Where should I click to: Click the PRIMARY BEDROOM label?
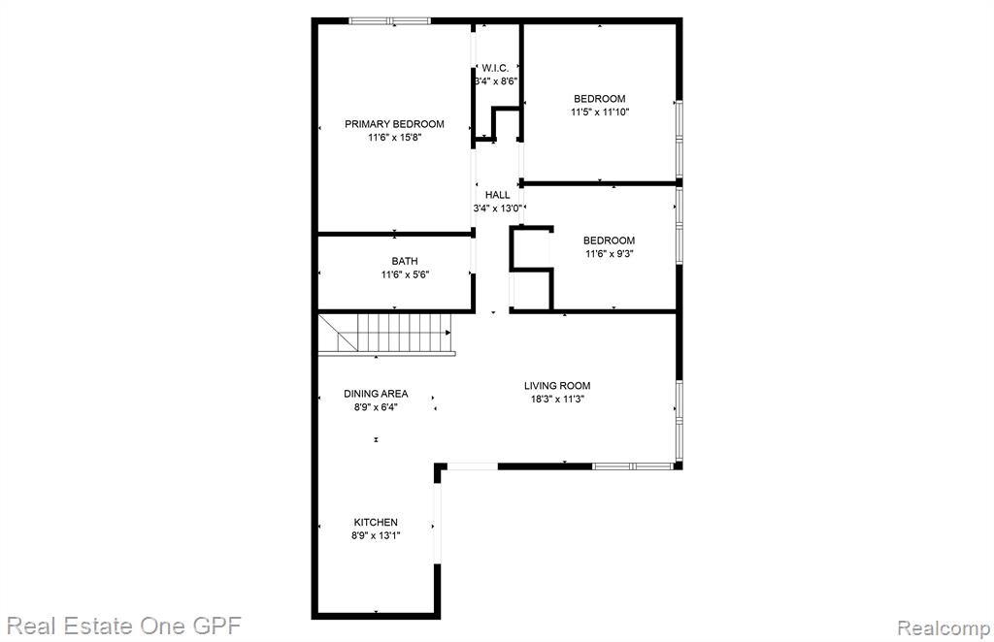(394, 124)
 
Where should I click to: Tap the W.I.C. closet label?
(494, 68)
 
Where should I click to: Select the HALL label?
(497, 195)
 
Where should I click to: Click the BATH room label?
(405, 261)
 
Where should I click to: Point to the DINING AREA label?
(376, 394)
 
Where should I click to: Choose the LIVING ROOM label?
(557, 386)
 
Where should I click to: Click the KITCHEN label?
(376, 523)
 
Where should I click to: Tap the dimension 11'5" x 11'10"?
(600, 112)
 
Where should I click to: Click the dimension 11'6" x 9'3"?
(610, 254)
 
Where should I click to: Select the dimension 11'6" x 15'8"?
(394, 138)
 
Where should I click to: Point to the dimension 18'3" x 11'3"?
(557, 399)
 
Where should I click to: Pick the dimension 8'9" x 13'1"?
(376, 535)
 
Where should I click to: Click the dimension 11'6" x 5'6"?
(405, 274)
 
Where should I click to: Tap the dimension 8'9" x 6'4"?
(376, 407)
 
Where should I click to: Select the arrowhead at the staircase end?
(448, 333)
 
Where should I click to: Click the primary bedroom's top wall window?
(389, 21)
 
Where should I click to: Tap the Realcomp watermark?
(944, 628)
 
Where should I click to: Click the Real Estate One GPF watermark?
(124, 626)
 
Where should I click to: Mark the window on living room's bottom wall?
(633, 466)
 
